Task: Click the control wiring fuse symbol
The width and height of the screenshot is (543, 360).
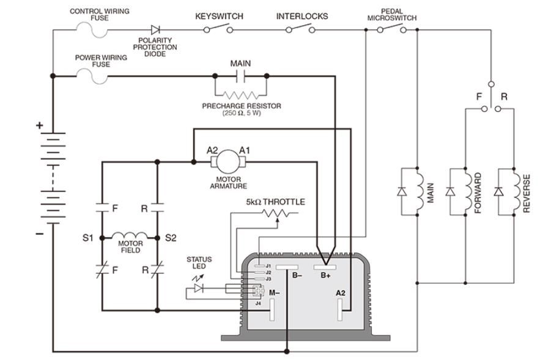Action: pyautogui.click(x=92, y=28)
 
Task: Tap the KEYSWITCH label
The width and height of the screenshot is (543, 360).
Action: pyautogui.click(x=219, y=17)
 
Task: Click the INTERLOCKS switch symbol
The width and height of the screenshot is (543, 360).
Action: pyautogui.click(x=301, y=29)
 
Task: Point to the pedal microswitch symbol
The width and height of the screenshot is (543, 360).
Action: pyautogui.click(x=392, y=29)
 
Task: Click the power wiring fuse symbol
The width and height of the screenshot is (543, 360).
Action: pyautogui.click(x=92, y=75)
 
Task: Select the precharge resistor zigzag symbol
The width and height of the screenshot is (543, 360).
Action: pyautogui.click(x=241, y=95)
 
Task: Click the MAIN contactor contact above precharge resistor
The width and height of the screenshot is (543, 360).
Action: pyautogui.click(x=240, y=76)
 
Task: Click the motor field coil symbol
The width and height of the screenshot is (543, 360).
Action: pyautogui.click(x=130, y=236)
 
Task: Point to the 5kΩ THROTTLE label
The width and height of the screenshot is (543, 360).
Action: pyautogui.click(x=275, y=202)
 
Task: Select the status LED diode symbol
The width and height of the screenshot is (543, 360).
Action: pyautogui.click(x=199, y=287)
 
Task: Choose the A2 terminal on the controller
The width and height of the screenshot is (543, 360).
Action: pyautogui.click(x=340, y=310)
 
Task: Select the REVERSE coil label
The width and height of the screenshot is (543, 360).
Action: pyautogui.click(x=526, y=193)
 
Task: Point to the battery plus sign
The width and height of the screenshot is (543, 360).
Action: pyautogui.click(x=40, y=125)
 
